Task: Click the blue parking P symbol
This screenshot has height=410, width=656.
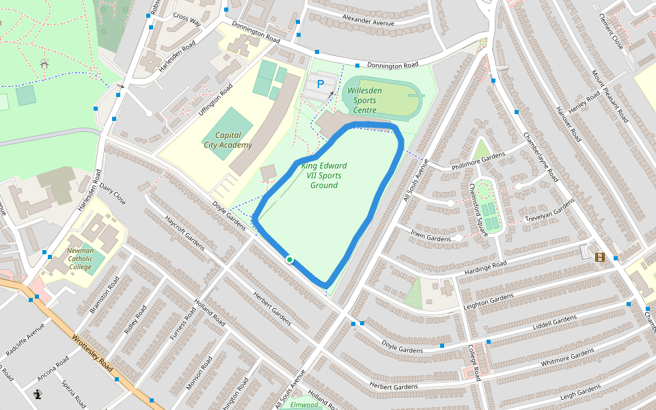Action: tap(320, 84)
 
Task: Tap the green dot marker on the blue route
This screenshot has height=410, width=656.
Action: tap(290, 260)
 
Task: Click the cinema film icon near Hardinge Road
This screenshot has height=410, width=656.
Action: tap(600, 257)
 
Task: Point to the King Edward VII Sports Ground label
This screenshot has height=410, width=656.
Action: tap(324, 176)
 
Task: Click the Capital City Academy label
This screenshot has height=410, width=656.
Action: tap(228, 140)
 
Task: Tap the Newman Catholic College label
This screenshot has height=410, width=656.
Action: tap(80, 259)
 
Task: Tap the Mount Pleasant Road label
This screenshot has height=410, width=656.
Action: tap(610, 96)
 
